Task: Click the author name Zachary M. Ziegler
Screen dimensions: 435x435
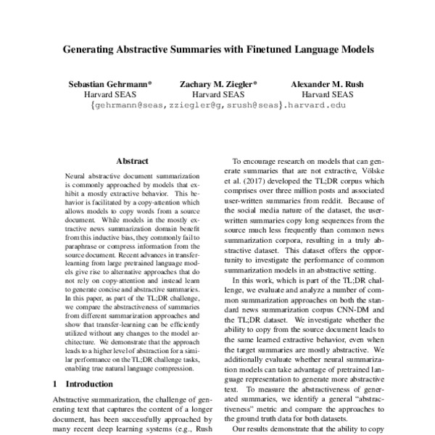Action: click(217, 84)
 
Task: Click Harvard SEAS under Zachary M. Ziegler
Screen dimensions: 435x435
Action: click(217, 94)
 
